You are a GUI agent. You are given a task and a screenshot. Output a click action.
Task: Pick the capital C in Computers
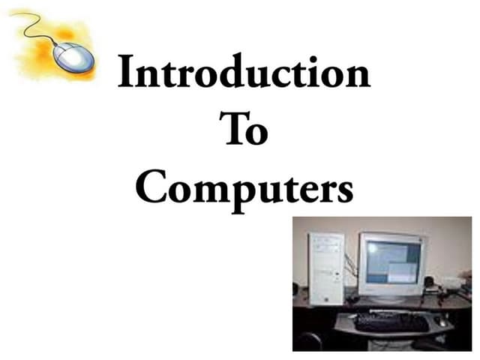152,186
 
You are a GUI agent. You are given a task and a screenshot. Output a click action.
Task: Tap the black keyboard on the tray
391,322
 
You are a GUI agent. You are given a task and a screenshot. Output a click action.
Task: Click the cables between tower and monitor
349,270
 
